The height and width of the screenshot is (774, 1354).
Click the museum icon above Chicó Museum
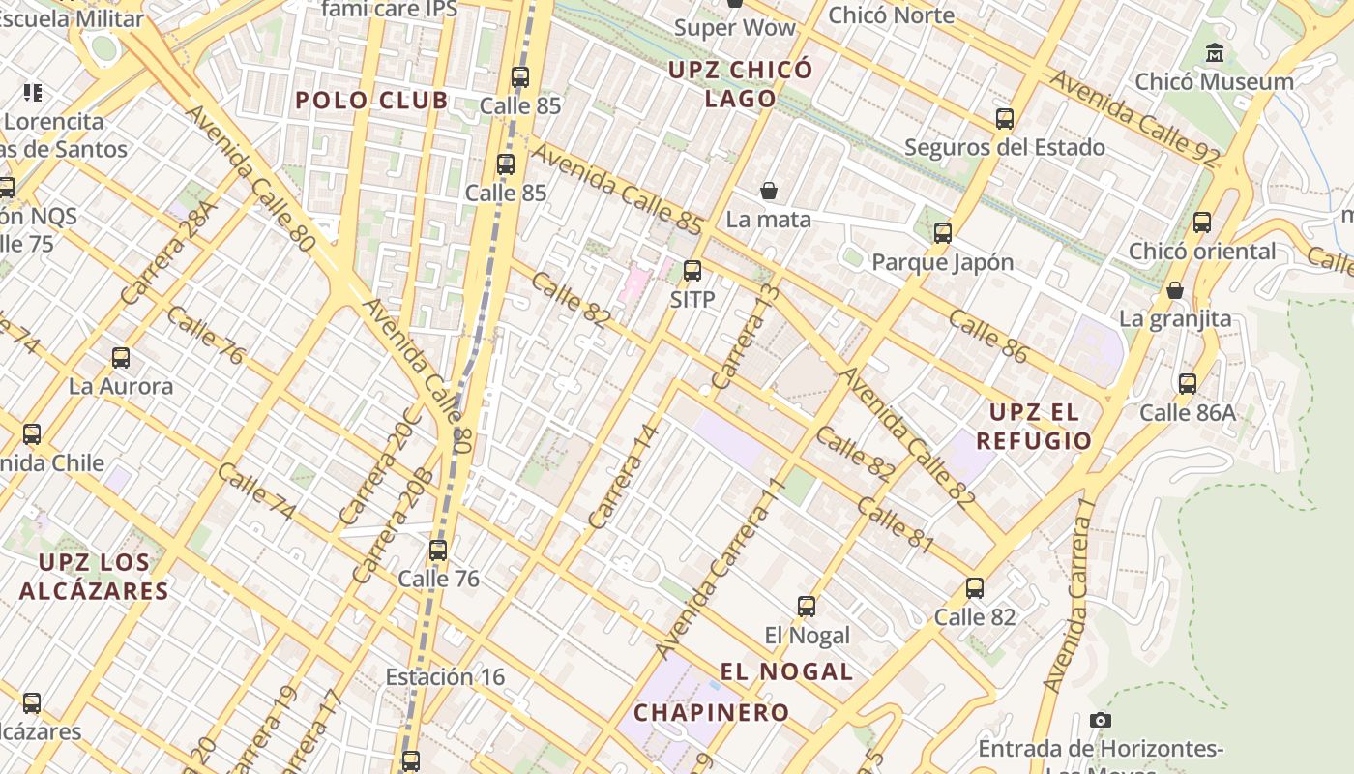(1214, 52)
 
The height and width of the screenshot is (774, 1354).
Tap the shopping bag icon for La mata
(769, 191)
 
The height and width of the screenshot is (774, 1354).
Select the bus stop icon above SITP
(692, 271)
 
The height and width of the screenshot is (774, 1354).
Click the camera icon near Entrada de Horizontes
(1101, 720)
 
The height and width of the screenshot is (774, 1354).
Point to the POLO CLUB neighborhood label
(371, 100)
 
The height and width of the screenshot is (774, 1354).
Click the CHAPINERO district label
(711, 713)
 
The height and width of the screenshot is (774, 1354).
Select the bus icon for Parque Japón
(943, 233)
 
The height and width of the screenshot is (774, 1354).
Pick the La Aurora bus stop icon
(121, 358)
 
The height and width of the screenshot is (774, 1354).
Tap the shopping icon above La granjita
(1175, 290)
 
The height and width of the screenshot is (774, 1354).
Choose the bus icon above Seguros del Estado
(1005, 119)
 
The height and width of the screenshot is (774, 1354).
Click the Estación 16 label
(445, 676)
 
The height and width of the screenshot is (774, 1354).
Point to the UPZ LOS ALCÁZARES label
(93, 577)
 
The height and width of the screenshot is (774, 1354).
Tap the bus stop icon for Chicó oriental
(1202, 223)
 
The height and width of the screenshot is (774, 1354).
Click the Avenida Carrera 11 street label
(717, 569)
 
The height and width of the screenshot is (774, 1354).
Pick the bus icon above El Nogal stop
(807, 607)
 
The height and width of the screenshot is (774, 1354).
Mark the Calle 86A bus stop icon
(1188, 384)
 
